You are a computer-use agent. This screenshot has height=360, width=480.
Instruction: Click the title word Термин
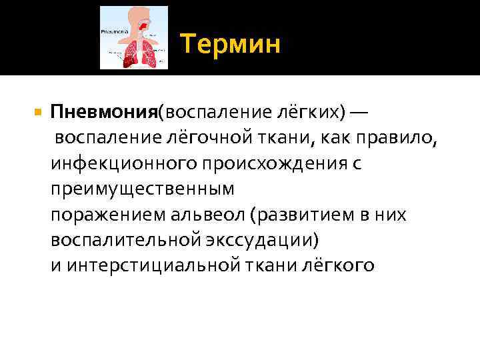pos(230,45)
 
